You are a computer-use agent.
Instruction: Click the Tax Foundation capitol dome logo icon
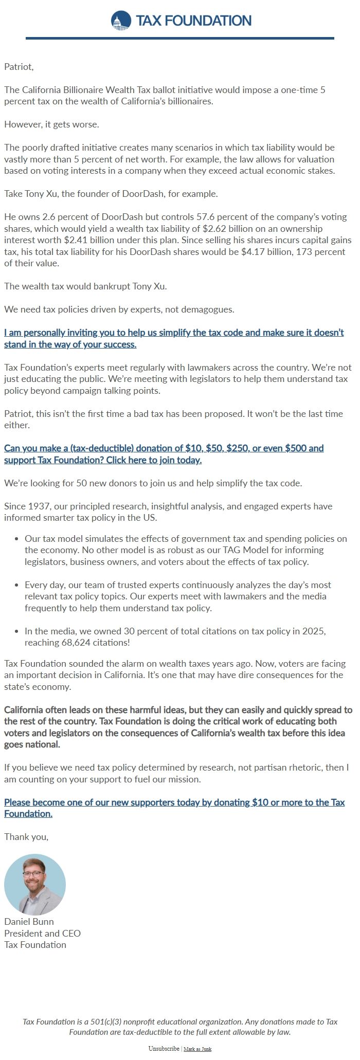[121, 21]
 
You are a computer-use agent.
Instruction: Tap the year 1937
[36, 506]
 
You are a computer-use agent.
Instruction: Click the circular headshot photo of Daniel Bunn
[35, 884]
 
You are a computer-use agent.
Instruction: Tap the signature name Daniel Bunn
[29, 921]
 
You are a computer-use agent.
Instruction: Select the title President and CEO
[42, 933]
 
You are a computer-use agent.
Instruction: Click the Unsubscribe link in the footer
[164, 1049]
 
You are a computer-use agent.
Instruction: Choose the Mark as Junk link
[197, 1049]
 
